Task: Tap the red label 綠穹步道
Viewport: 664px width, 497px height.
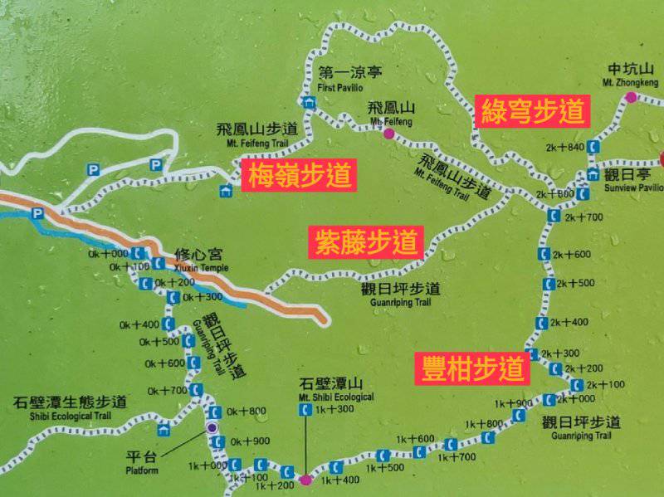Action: pyautogui.click(x=532, y=110)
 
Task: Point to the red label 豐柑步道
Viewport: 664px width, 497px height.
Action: pyautogui.click(x=471, y=368)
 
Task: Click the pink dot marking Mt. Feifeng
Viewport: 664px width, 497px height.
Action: pyautogui.click(x=388, y=133)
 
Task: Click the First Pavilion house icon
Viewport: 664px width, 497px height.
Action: pyautogui.click(x=310, y=104)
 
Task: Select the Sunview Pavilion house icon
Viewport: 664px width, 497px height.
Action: pyautogui.click(x=592, y=174)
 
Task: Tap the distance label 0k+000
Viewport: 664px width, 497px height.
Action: pyautogui.click(x=109, y=254)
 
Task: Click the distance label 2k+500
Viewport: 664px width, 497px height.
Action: pyautogui.click(x=575, y=283)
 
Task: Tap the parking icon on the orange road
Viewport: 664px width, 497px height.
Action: pyautogui.click(x=37, y=214)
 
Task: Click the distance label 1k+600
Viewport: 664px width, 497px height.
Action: pyautogui.click(x=415, y=439)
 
